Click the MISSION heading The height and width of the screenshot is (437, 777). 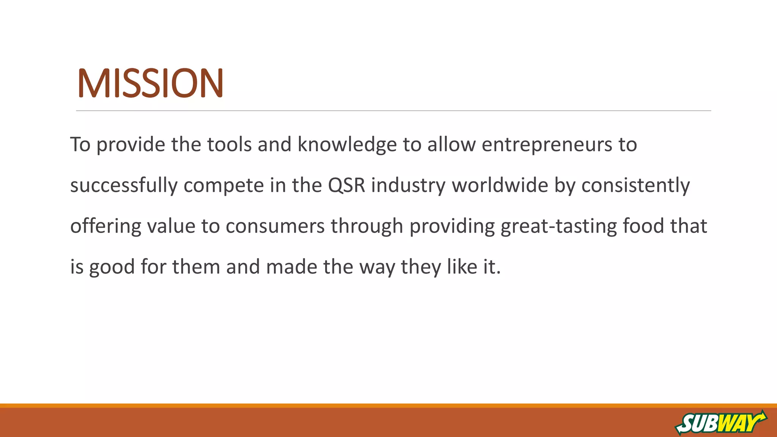[x=150, y=83]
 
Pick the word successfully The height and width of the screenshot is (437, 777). [x=124, y=185]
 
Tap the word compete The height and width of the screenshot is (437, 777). [x=224, y=185]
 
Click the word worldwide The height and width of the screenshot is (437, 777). [x=500, y=185]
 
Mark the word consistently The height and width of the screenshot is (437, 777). [x=635, y=185]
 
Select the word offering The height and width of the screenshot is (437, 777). [x=105, y=226]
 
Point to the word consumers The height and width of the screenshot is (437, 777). [x=275, y=226]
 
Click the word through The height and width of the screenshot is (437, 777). [x=366, y=226]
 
